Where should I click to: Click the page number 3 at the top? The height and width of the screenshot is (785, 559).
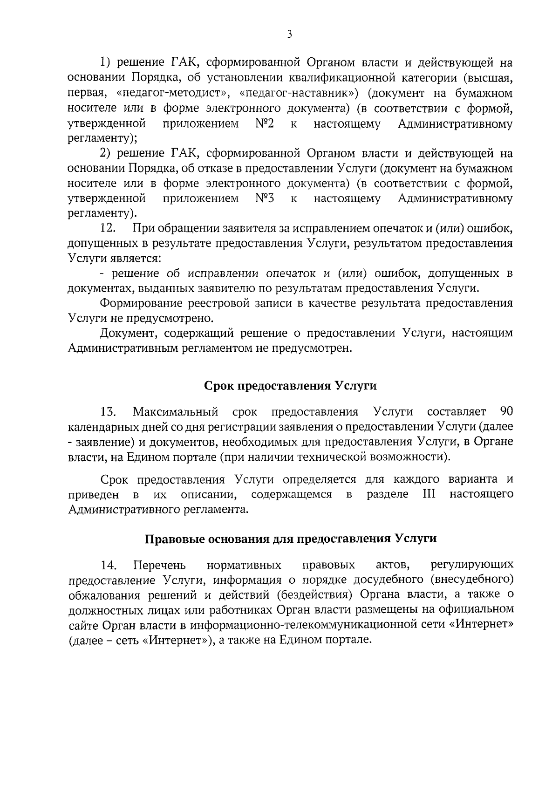(x=289, y=34)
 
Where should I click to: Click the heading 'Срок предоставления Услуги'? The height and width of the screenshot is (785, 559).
(x=290, y=386)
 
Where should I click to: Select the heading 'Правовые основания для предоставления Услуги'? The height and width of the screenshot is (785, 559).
(x=290, y=539)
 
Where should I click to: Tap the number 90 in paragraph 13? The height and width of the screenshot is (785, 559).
(x=506, y=412)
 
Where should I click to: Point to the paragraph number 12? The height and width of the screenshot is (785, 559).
(x=108, y=229)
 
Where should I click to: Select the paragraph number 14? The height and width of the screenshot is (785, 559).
(x=108, y=565)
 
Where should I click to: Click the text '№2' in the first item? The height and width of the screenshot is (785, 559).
(x=264, y=124)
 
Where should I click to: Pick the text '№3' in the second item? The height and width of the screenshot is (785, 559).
(x=264, y=199)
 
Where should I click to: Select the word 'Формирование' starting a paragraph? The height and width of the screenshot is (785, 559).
(x=141, y=304)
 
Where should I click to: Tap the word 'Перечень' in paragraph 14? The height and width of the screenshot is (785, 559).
(x=159, y=565)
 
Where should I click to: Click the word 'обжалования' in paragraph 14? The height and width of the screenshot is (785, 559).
(x=104, y=595)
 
